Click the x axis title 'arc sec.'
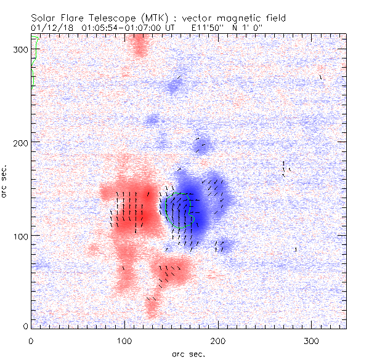(188, 353)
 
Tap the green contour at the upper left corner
(35, 62)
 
